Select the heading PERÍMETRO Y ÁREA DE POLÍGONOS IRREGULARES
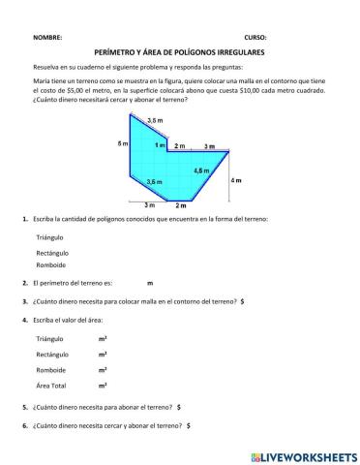(179, 51)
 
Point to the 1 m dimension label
(160, 144)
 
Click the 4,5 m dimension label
(201, 170)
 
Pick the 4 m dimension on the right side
(237, 181)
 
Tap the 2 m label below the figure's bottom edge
(180, 205)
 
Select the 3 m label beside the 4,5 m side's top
(210, 146)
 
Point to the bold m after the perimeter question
(150, 283)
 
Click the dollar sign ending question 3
(242, 301)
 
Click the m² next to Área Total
(103, 386)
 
